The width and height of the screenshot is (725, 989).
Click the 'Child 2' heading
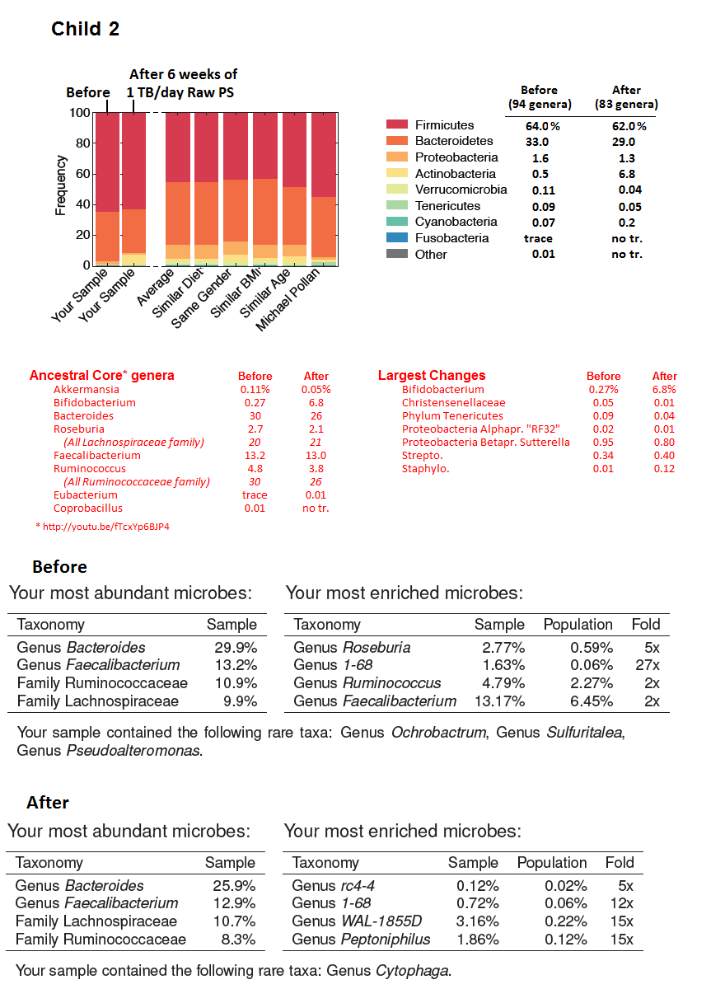[85, 29]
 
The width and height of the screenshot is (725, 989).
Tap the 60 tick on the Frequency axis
[82, 174]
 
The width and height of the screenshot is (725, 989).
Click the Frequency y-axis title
[60, 185]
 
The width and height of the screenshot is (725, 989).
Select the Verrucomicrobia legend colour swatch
[397, 190]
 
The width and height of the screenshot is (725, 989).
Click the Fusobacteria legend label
[451, 238]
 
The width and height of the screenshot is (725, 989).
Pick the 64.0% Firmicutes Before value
[543, 126]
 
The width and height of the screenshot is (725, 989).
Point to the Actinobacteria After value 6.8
[626, 174]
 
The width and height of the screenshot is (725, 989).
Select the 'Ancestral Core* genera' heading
[101, 376]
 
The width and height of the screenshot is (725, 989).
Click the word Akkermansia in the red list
[86, 390]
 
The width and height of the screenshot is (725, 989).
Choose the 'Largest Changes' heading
[431, 376]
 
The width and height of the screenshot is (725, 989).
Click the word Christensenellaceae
[453, 403]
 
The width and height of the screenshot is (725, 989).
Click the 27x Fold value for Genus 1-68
[648, 665]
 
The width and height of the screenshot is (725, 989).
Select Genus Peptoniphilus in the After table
[361, 940]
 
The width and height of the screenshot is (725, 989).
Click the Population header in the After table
[551, 863]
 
